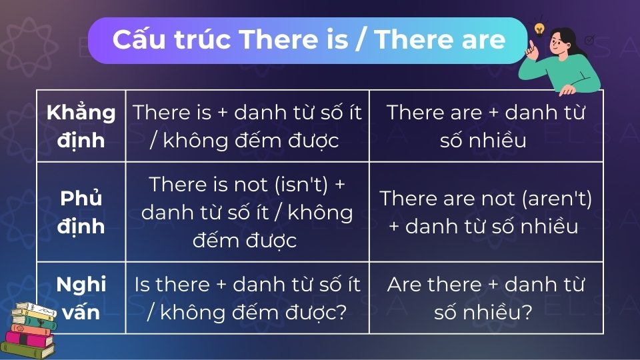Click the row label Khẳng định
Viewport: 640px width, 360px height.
pyautogui.click(x=81, y=126)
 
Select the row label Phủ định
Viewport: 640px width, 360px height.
pyautogui.click(x=81, y=212)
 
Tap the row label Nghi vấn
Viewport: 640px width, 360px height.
pyautogui.click(x=81, y=298)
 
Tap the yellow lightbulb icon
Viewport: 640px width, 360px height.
pyautogui.click(x=539, y=29)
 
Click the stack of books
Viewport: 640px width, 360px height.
pyautogui.click(x=32, y=330)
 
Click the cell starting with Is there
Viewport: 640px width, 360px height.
pyautogui.click(x=247, y=298)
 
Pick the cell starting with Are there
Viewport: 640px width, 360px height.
pyautogui.click(x=486, y=298)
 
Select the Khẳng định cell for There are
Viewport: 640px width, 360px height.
pyautogui.click(x=486, y=126)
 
